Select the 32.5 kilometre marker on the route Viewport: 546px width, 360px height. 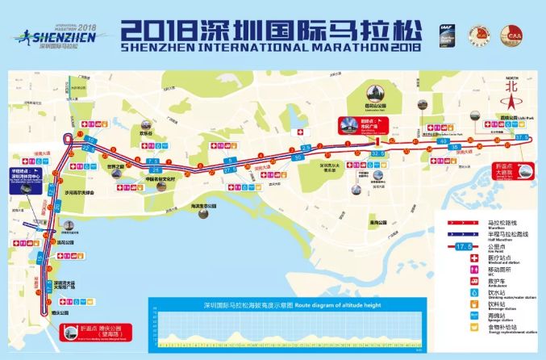point(378,151)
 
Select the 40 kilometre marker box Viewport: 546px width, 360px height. point(444,141)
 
